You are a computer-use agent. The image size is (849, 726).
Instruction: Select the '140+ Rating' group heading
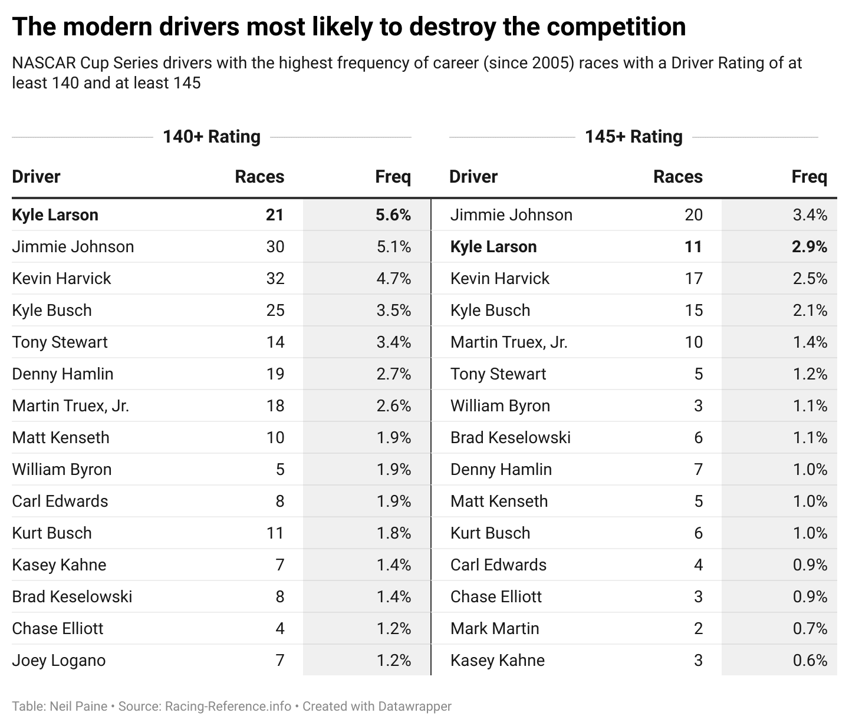[x=212, y=137]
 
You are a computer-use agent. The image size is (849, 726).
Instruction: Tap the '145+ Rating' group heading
[x=633, y=137]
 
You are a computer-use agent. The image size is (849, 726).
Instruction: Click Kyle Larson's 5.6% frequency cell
[x=393, y=215]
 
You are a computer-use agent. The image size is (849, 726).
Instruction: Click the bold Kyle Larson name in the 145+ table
[x=493, y=247]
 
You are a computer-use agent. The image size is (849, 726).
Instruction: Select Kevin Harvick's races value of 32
[x=275, y=279]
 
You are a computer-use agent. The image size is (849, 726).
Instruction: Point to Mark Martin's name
[x=495, y=629]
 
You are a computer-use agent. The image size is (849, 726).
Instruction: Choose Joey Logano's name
[x=59, y=661]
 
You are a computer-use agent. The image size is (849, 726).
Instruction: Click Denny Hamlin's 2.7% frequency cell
[x=393, y=374]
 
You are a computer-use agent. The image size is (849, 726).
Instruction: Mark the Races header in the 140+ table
[x=259, y=177]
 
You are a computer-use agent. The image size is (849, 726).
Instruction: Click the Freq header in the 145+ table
[x=809, y=177]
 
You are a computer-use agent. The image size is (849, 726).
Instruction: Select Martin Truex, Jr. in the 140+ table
[x=71, y=406]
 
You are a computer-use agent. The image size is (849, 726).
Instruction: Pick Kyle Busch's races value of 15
[x=693, y=311]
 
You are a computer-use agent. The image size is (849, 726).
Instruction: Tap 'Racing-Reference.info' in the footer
[x=228, y=707]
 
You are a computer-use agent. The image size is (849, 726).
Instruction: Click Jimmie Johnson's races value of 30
[x=275, y=247]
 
